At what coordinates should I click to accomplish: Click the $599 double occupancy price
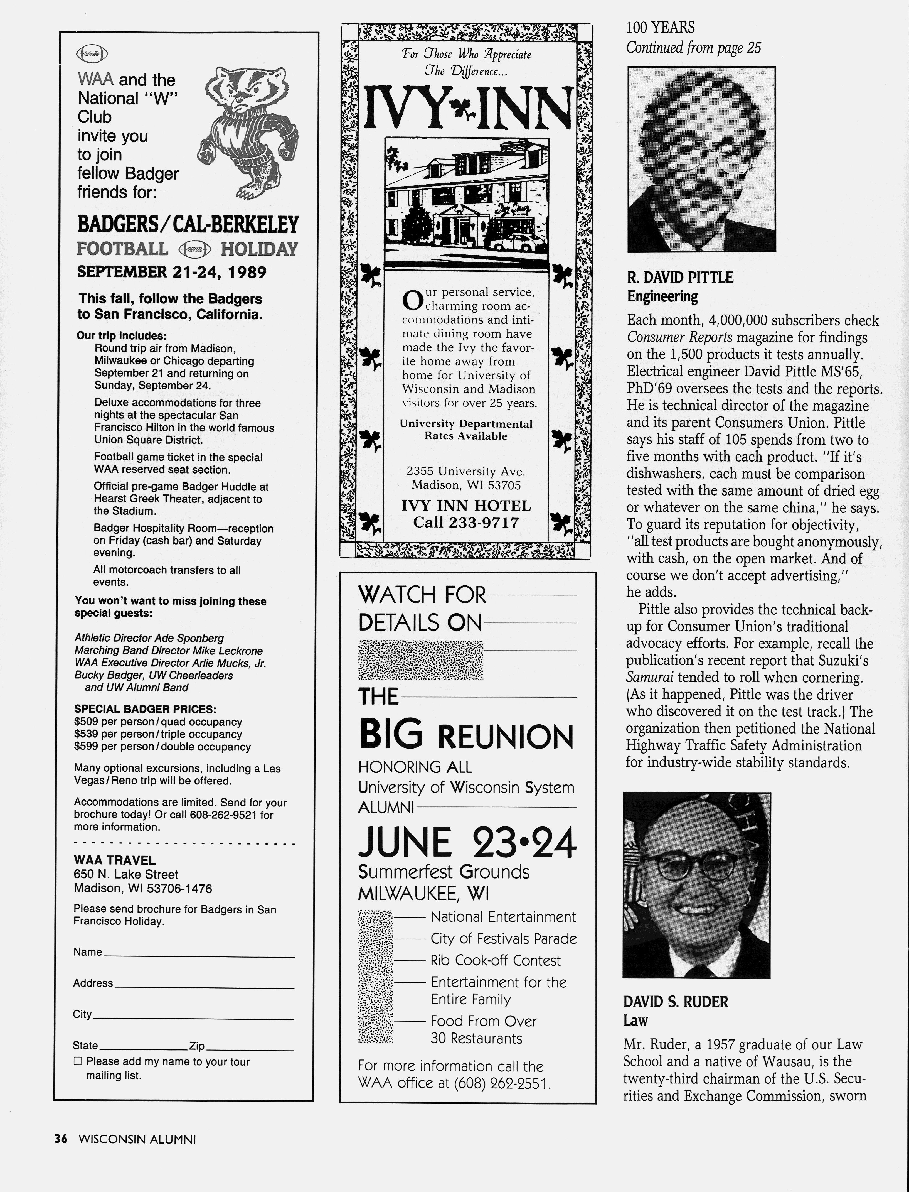click(162, 747)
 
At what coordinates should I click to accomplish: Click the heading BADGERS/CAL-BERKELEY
click(188, 224)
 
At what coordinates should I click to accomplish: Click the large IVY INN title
click(466, 108)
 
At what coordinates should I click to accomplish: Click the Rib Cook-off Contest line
click(495, 960)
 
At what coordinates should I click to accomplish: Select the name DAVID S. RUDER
click(675, 1002)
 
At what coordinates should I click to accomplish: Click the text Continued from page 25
click(693, 48)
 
